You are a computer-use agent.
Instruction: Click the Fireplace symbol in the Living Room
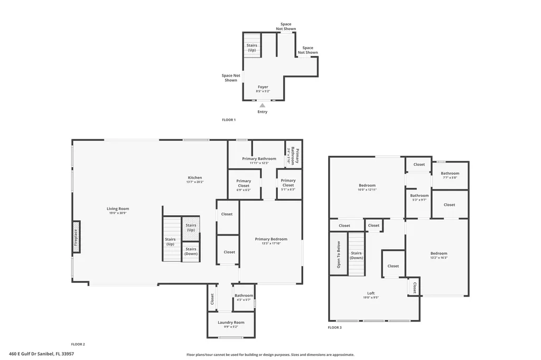[76, 236]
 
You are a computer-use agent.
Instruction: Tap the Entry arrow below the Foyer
[262, 106]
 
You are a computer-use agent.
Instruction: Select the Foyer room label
[263, 87]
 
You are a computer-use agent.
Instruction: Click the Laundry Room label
[231, 323]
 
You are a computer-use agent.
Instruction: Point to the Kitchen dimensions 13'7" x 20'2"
[194, 182]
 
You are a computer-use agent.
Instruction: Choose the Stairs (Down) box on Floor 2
[191, 251]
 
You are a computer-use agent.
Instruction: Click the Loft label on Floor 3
[371, 293]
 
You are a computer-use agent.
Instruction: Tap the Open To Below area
[339, 254]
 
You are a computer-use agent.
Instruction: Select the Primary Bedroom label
[271, 239]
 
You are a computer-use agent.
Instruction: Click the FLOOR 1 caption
[228, 120]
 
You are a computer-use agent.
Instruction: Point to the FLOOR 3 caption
[334, 327]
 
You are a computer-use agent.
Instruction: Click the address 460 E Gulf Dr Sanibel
[41, 354]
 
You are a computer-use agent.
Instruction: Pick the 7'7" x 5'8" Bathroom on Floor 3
[450, 175]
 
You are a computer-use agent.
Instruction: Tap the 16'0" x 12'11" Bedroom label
[367, 185]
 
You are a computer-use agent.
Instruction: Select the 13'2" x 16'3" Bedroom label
[439, 253]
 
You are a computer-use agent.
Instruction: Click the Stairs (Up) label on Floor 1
[251, 48]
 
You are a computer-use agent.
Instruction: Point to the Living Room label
[118, 209]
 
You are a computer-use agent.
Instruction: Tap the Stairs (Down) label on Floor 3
[357, 255]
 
